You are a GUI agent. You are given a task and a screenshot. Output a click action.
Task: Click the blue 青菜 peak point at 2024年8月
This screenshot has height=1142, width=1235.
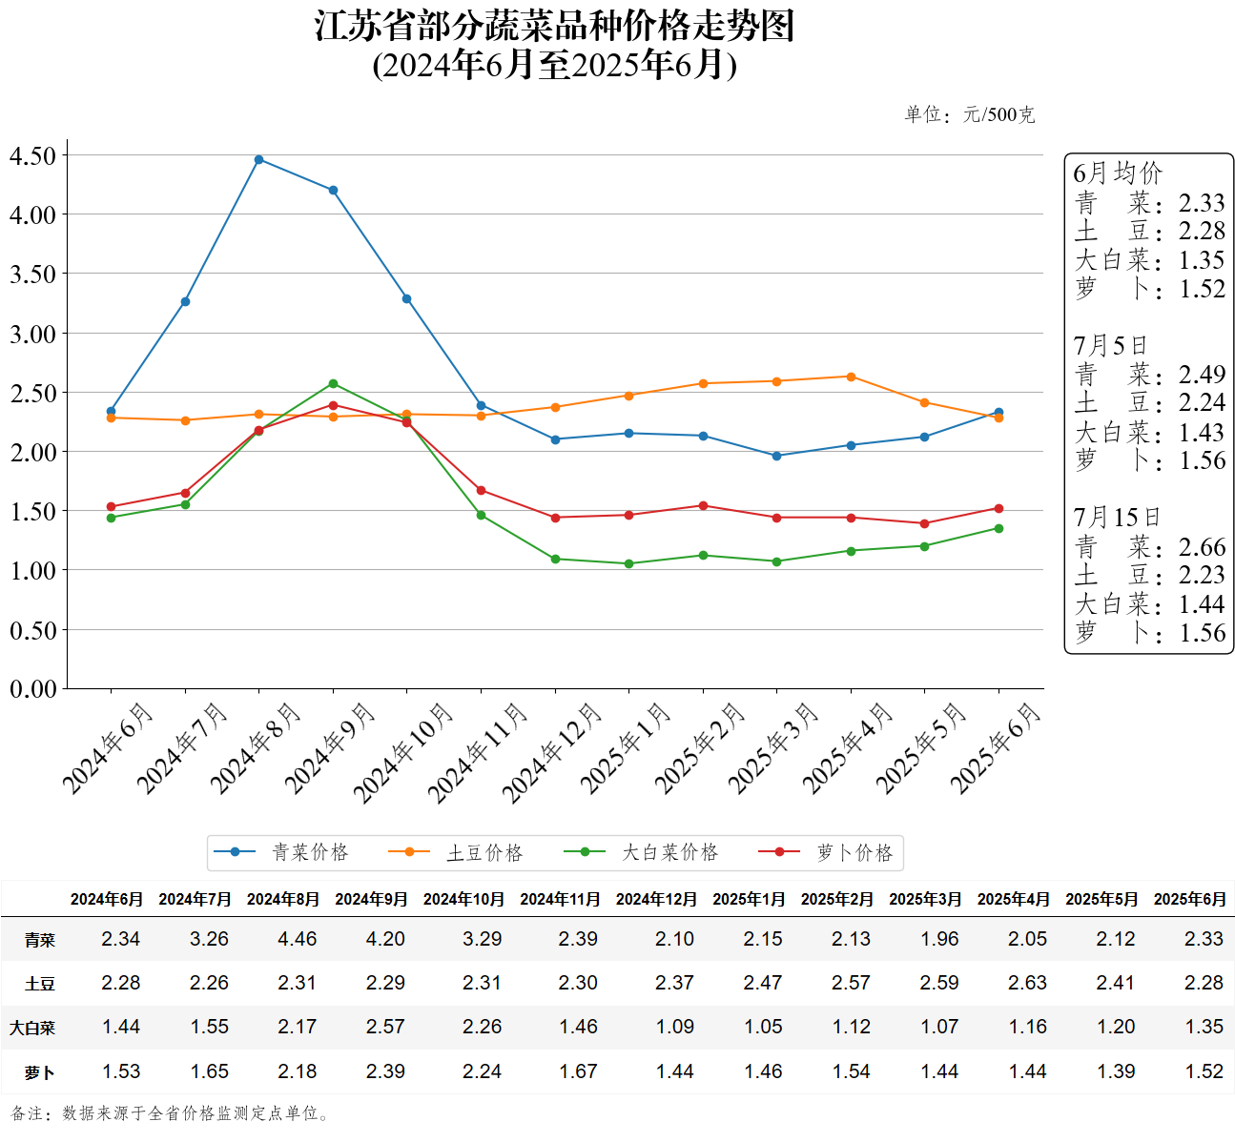tap(258, 159)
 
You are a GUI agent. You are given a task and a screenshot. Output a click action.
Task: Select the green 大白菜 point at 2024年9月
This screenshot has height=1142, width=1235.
tap(333, 383)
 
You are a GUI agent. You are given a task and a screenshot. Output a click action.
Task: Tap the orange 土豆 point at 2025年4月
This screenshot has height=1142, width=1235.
tap(851, 377)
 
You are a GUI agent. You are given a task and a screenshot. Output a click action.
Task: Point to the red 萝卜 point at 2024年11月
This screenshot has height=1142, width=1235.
tap(481, 490)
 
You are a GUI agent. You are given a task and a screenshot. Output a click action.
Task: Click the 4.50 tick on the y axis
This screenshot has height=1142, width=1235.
tap(33, 155)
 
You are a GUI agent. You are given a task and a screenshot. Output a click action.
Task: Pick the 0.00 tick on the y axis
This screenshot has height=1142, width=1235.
tap(33, 688)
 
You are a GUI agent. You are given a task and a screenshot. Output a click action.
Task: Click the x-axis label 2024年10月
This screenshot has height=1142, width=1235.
tap(404, 752)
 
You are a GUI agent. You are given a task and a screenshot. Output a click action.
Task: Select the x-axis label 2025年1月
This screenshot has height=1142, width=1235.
tap(627, 748)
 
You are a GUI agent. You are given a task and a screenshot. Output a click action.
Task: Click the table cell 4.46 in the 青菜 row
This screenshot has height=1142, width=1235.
tap(298, 939)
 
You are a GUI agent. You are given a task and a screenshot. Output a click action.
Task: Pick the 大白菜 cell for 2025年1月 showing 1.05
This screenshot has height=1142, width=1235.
tap(763, 1027)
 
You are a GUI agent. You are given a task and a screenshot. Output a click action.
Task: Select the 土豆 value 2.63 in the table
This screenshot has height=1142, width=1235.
tap(1027, 983)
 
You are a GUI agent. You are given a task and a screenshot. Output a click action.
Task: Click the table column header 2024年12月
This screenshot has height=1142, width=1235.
tap(656, 899)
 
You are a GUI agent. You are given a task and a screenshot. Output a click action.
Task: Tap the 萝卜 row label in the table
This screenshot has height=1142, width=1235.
tap(40, 1072)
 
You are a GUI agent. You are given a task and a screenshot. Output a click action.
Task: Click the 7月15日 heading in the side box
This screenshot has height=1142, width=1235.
tap(1117, 518)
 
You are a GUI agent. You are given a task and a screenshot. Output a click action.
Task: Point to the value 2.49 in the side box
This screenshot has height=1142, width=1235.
tap(1202, 375)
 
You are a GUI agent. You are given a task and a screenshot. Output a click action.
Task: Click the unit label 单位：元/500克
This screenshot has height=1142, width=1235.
tap(969, 114)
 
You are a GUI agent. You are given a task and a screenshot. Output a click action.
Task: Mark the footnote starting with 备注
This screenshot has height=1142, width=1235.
tap(172, 1113)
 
